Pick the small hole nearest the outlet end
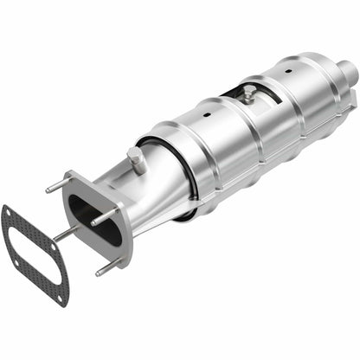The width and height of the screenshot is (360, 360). tap(286, 65)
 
